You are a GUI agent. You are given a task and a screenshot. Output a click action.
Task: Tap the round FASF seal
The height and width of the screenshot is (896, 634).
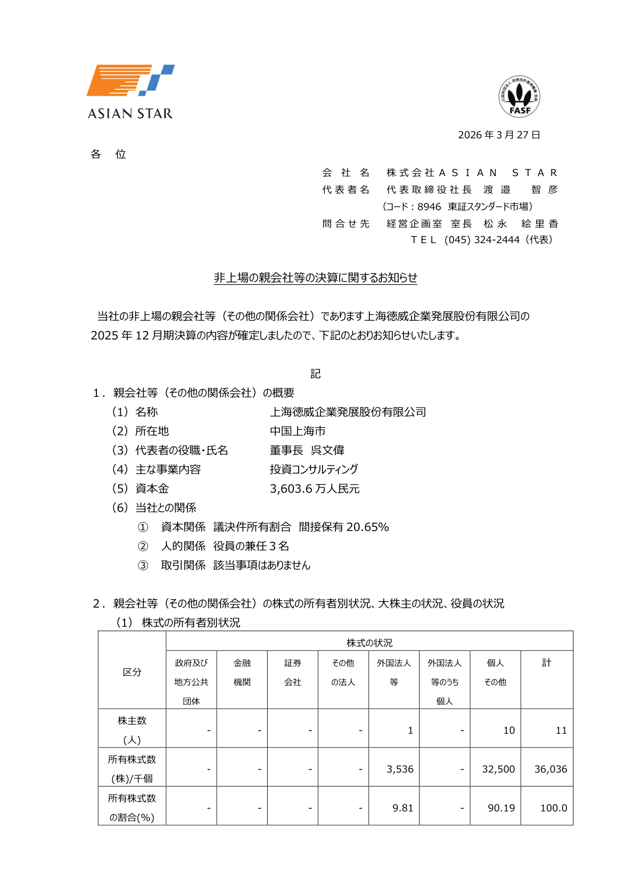pos(519,96)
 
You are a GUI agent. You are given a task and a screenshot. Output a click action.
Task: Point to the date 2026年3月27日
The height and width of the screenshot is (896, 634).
pos(499,135)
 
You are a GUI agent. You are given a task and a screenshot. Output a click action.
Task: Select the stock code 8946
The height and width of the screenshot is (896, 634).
pos(429,206)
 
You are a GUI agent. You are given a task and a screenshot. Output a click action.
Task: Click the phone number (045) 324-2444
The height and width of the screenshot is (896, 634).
pos(482,240)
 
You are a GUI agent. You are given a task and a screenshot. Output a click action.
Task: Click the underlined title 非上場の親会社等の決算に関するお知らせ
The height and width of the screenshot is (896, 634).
pos(315,278)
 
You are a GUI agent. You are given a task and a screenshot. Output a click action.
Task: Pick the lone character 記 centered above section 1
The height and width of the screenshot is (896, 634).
pos(316,374)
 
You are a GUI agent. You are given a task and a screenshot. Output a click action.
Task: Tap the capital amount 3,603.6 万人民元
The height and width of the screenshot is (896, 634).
pos(315,488)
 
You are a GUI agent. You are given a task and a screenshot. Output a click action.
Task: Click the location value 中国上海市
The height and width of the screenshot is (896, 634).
pos(298,431)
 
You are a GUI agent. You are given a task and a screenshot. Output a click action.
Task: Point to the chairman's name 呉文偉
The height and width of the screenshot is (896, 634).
pos(327,450)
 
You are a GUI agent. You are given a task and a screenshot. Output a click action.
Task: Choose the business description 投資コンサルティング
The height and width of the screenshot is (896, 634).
pos(314,469)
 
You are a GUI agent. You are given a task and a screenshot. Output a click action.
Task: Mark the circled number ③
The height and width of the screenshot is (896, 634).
pos(143,565)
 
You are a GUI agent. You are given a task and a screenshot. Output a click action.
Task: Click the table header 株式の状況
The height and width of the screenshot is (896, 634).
pos(369,643)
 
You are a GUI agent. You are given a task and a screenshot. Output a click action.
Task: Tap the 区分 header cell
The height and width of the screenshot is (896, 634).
pos(132,672)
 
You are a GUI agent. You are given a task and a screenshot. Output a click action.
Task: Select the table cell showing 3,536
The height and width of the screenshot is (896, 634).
pos(400,769)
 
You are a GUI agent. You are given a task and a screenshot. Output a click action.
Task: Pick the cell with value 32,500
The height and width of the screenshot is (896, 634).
pos(498,769)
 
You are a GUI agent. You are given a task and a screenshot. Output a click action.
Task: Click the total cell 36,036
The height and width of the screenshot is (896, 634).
pos(550,769)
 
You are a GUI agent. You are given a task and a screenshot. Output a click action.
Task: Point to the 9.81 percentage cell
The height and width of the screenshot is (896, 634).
pos(402,808)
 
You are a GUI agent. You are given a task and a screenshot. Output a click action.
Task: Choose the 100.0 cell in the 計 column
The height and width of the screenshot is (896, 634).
pos(553,808)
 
